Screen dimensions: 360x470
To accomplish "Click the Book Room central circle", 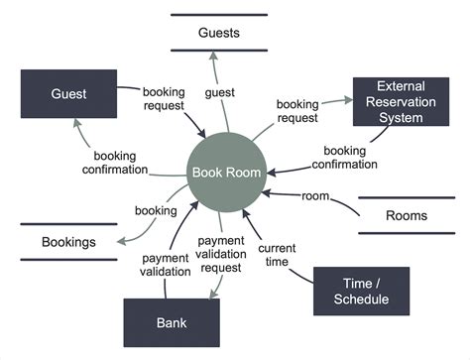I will (x=227, y=174).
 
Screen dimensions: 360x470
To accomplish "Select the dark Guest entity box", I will (x=69, y=94).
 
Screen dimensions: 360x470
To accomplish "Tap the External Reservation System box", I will (x=401, y=102).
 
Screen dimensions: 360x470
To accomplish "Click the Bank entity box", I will (x=172, y=322).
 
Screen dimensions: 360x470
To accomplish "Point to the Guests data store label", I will (x=219, y=33).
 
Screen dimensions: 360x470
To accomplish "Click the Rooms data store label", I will (x=407, y=215).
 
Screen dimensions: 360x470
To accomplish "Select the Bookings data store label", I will (x=68, y=242).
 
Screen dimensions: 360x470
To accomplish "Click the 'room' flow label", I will (x=315, y=195).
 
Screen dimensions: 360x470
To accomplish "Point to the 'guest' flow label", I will (x=219, y=93).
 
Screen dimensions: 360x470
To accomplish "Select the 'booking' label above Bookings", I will (x=156, y=210).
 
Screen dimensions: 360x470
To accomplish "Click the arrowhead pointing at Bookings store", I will (x=121, y=239).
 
